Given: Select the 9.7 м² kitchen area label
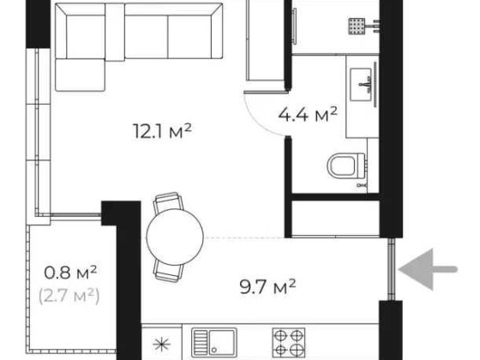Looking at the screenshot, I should (273, 284).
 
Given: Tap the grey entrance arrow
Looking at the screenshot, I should (433, 267).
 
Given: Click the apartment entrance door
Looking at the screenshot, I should (393, 267).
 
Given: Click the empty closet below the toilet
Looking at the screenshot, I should (334, 216).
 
